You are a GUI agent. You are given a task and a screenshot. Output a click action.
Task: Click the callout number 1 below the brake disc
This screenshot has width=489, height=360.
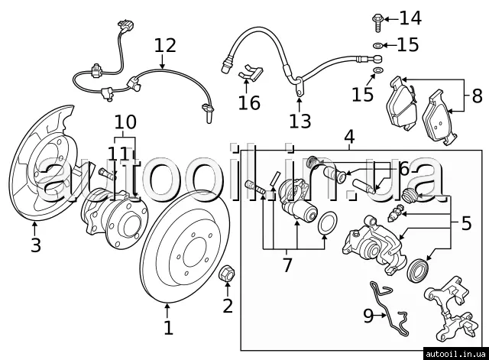[x=168, y=328]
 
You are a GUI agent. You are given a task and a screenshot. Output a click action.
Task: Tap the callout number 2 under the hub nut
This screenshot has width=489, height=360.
[x=227, y=306]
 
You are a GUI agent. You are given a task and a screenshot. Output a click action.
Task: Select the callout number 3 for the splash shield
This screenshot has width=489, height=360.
[x=35, y=245]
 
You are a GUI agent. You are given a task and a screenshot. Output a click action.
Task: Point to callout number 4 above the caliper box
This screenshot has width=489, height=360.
[x=349, y=138]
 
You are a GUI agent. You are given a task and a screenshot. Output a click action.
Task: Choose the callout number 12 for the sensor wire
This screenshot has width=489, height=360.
[x=164, y=45]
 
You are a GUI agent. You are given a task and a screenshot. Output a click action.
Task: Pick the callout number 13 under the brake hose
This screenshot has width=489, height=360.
[x=300, y=120]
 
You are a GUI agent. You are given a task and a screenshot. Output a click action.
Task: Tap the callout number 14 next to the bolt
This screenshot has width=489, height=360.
[x=410, y=18]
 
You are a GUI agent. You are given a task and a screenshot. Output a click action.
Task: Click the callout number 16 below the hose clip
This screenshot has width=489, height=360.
[x=249, y=102]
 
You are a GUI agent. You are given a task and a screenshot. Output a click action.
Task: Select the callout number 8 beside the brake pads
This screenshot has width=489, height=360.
[x=477, y=97]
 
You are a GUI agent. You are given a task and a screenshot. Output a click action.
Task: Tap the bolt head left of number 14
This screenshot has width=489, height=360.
[x=379, y=17]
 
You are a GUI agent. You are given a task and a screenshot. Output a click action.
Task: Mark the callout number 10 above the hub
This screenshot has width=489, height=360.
[x=125, y=122]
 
